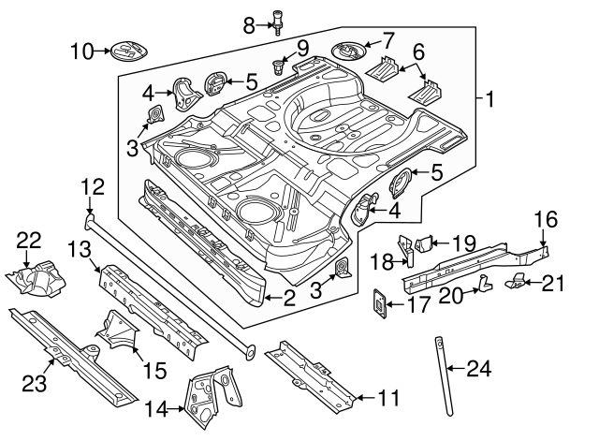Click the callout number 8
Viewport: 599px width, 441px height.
(248, 24)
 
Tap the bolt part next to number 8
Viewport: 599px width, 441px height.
(278, 19)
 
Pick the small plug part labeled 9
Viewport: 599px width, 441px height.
(280, 66)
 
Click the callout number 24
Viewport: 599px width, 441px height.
(478, 369)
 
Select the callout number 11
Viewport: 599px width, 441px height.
(387, 398)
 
